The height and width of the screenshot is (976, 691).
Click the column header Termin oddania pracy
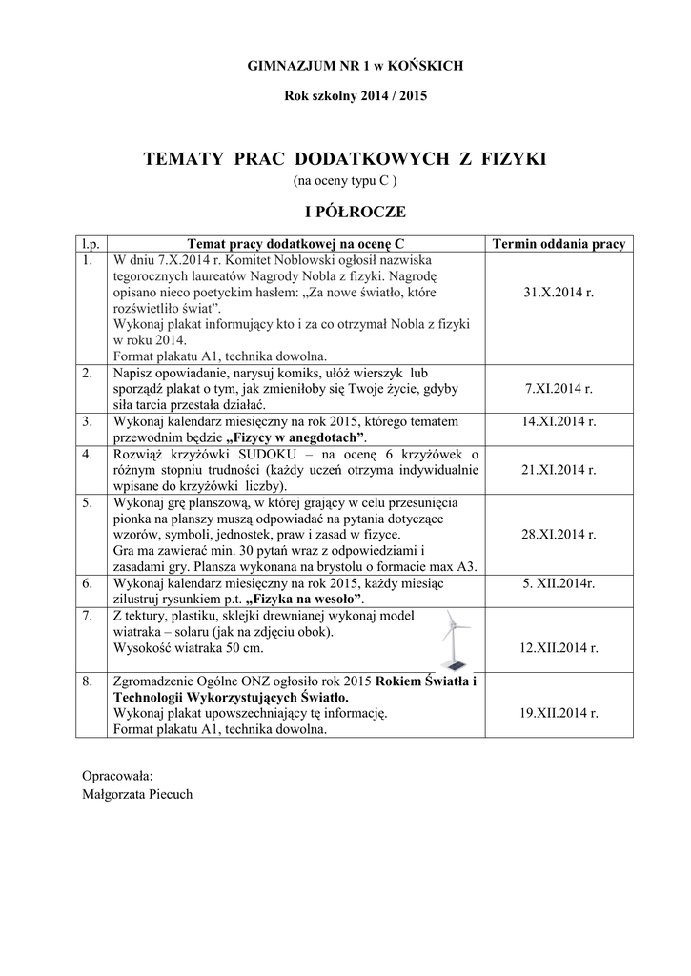(x=559, y=244)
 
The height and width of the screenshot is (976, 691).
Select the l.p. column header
(x=91, y=244)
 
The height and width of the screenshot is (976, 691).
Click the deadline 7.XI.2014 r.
(x=559, y=389)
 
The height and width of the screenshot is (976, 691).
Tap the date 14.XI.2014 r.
(x=559, y=420)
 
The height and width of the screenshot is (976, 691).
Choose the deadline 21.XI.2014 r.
(x=559, y=470)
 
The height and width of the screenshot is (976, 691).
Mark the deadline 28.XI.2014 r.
(x=559, y=535)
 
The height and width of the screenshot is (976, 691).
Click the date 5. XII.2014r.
(x=559, y=581)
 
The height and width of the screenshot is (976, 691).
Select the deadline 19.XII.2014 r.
(x=559, y=712)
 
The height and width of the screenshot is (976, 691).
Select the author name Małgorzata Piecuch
(x=137, y=793)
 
